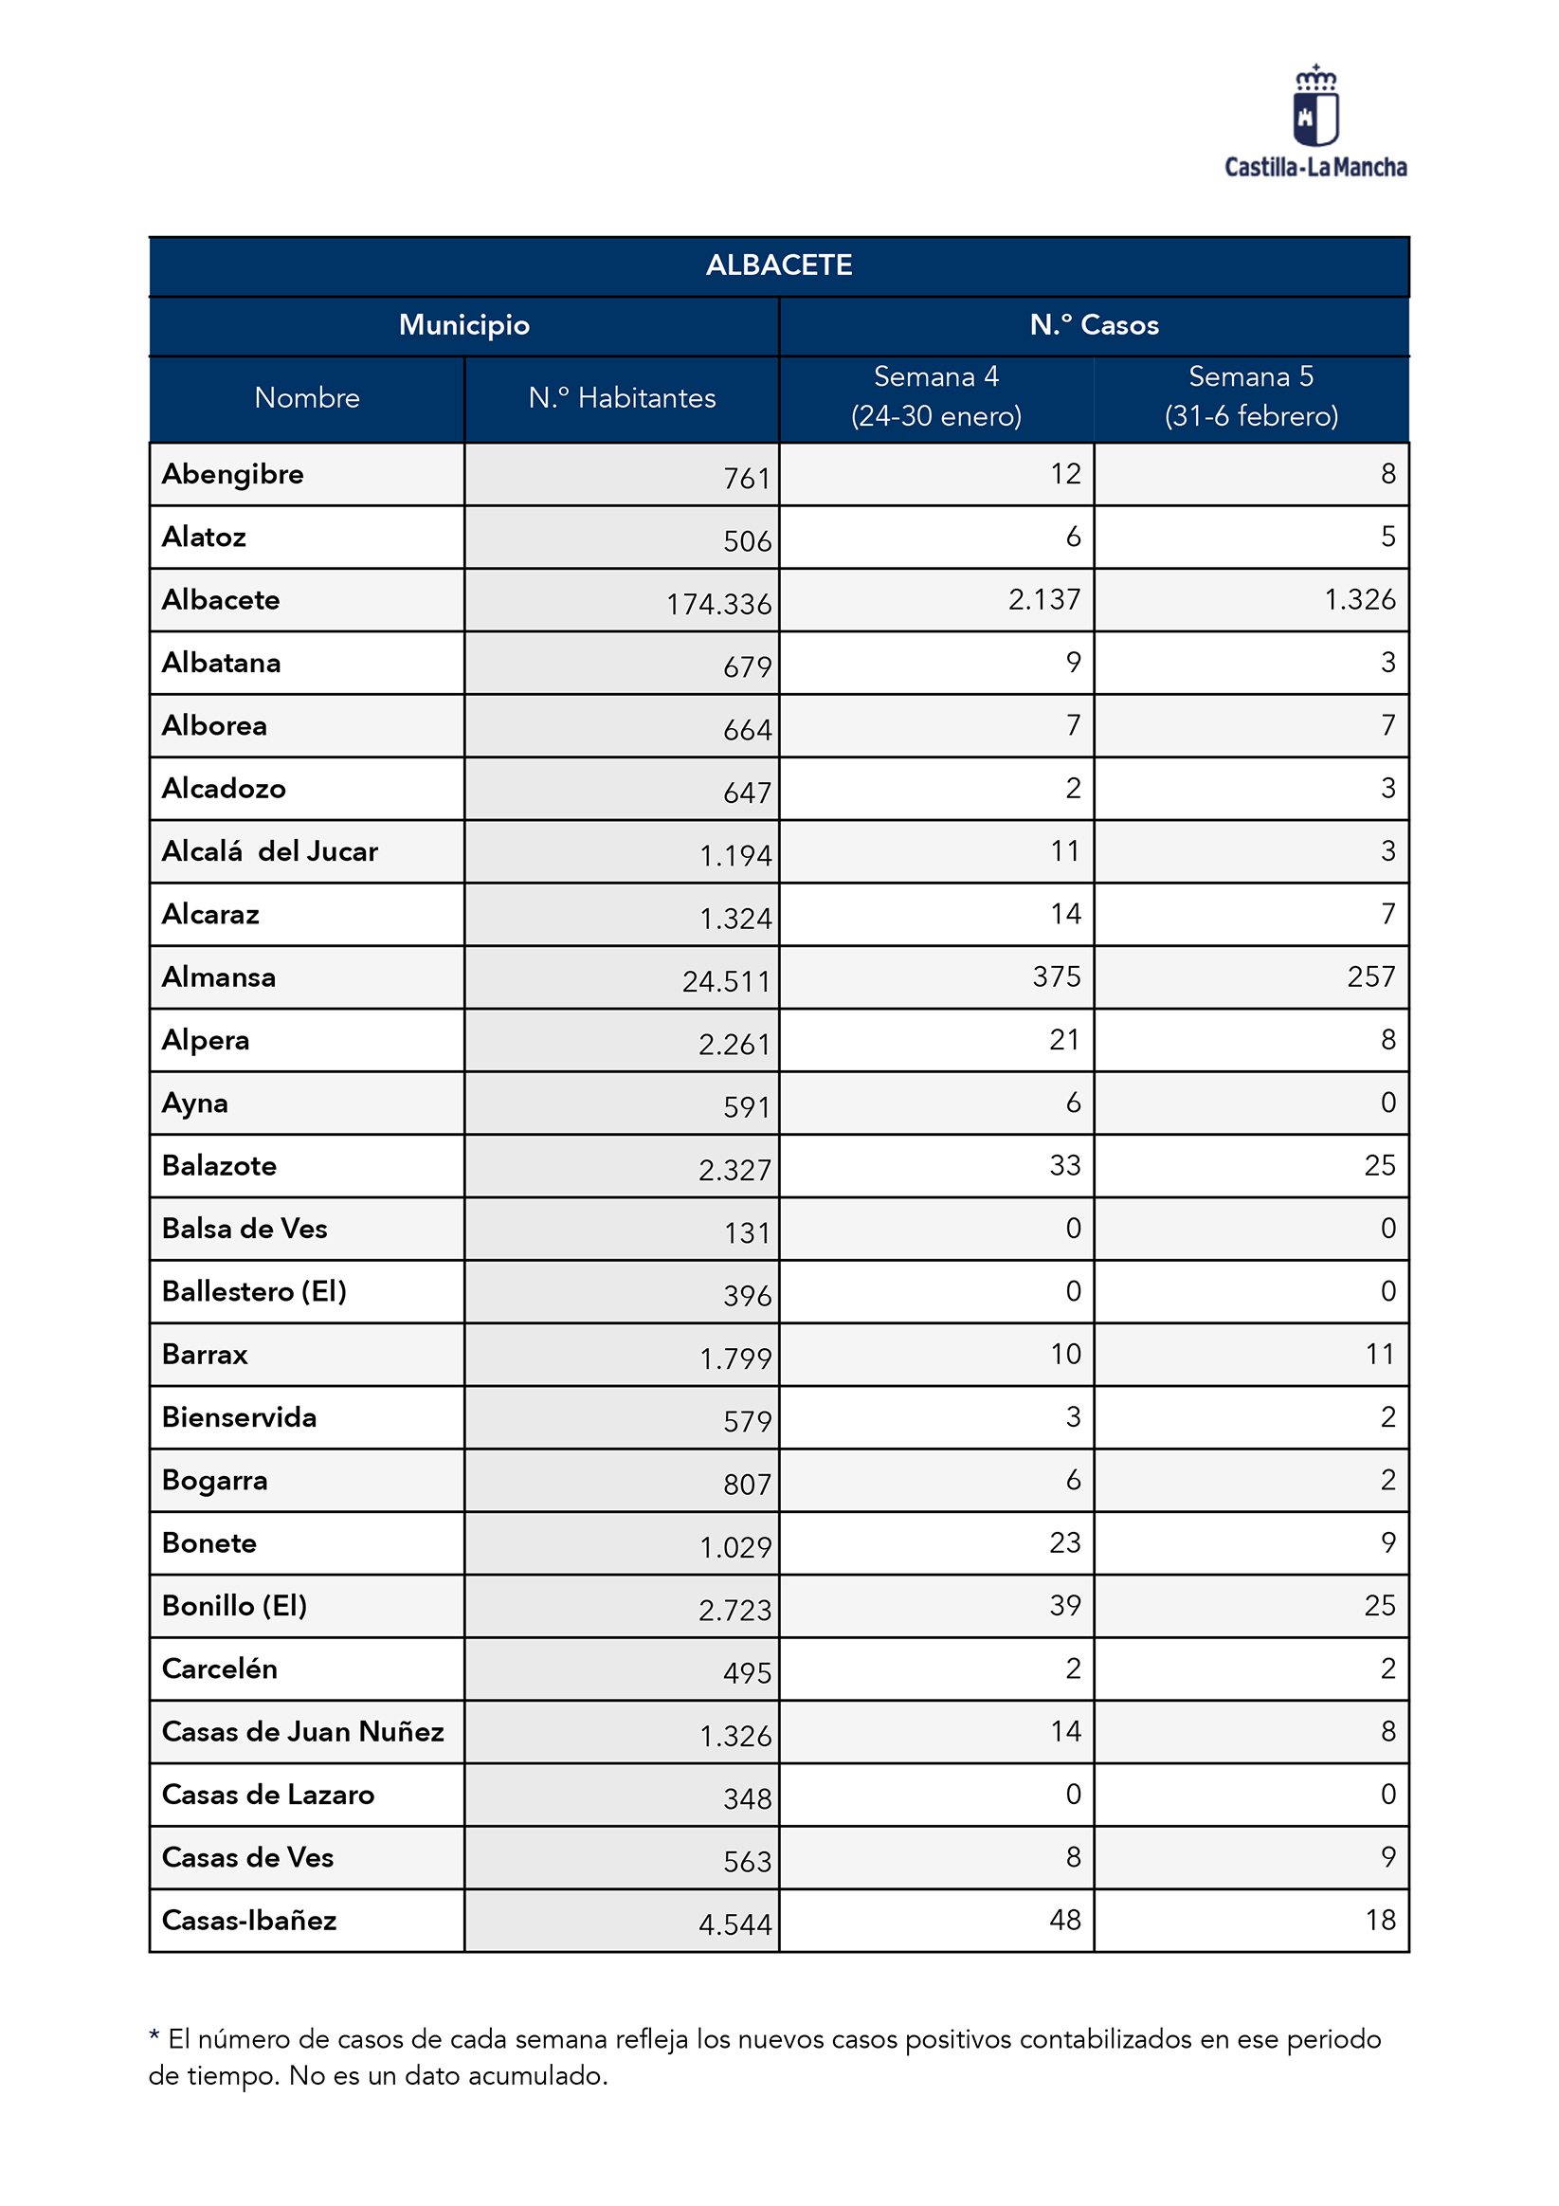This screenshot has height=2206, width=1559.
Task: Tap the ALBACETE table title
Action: (x=778, y=265)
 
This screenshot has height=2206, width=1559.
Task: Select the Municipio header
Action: (x=464, y=326)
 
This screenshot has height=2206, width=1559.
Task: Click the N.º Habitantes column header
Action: (x=622, y=398)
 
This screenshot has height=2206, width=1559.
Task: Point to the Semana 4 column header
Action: (x=935, y=396)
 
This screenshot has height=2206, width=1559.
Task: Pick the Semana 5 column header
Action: (x=1251, y=396)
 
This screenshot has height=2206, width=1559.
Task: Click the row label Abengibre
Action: (x=232, y=475)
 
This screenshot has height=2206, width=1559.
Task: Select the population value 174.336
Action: (x=718, y=604)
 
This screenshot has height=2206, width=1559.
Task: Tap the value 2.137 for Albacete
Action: (x=1044, y=599)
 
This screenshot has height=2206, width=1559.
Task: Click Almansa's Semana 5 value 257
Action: (x=1370, y=977)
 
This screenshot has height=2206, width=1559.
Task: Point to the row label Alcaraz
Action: (x=210, y=915)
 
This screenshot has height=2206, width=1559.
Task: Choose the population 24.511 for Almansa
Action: (x=726, y=982)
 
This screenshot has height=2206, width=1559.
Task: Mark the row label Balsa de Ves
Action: (x=245, y=1229)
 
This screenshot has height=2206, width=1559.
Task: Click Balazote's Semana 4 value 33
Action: (x=1065, y=1165)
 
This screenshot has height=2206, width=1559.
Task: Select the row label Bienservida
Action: (x=239, y=1417)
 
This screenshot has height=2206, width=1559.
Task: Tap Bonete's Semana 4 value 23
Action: (x=1065, y=1543)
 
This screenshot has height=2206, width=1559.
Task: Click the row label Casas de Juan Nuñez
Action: (x=302, y=1731)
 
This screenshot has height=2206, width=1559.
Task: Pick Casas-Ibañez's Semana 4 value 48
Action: (x=1065, y=1920)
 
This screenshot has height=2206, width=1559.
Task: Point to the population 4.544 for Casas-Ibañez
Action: (x=734, y=1924)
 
